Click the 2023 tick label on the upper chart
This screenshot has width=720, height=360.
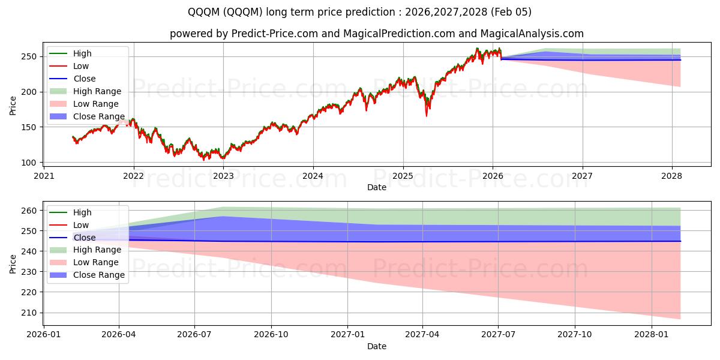[x=223, y=176]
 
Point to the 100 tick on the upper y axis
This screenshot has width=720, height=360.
[x=32, y=163]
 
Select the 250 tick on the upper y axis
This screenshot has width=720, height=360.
[x=32, y=56]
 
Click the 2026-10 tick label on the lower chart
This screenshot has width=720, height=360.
[x=271, y=334]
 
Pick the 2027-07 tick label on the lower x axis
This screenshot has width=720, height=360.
[x=499, y=334]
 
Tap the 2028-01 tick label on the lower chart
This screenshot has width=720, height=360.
[x=651, y=334]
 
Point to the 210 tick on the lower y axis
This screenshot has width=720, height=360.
[x=32, y=313]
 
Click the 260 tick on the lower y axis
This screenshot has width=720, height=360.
[x=32, y=211]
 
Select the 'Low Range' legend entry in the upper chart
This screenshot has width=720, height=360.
[x=95, y=104]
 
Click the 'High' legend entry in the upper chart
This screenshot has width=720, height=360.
[x=82, y=53]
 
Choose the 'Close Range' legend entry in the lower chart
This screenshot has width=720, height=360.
[x=98, y=275]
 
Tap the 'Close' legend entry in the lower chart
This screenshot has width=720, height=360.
[x=84, y=238]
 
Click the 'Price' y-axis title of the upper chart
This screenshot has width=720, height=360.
[x=13, y=106]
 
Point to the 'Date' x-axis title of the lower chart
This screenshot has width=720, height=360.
[x=377, y=346]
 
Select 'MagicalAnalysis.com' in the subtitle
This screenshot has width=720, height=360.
[x=526, y=34]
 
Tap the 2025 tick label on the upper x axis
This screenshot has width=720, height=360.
[x=403, y=176]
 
